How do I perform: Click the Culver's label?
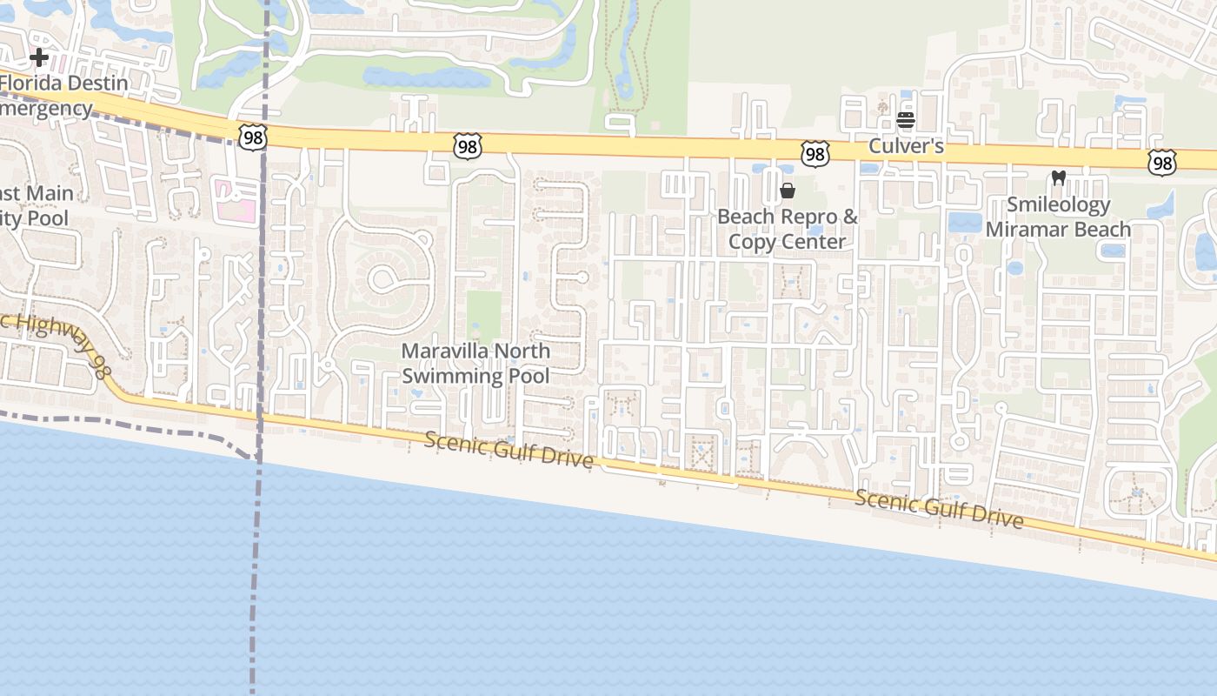click(906, 146)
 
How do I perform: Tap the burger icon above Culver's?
click(906, 119)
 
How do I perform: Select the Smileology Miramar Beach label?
click(1058, 217)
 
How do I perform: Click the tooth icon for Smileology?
click(1058, 177)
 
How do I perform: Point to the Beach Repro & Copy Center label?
click(788, 229)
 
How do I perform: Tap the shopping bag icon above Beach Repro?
click(788, 191)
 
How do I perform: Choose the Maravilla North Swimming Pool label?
click(475, 364)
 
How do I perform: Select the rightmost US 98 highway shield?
click(1161, 163)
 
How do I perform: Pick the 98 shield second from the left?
click(468, 147)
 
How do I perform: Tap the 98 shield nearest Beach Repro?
click(815, 155)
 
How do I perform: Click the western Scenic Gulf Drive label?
click(509, 450)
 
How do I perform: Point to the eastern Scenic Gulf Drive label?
click(939, 509)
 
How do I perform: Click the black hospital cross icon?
click(38, 58)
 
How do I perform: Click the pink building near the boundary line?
click(235, 199)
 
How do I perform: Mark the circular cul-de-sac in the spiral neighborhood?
click(382, 279)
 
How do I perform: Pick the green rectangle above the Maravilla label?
click(483, 315)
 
